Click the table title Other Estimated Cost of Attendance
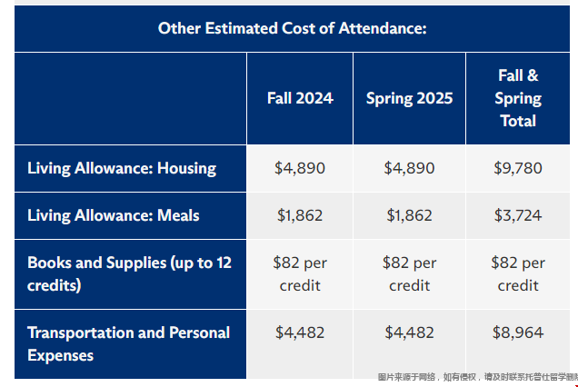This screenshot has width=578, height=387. [292, 28]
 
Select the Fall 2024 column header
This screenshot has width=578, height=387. [300, 98]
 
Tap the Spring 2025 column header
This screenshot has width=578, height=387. [409, 98]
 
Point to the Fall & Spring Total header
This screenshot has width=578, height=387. [518, 98]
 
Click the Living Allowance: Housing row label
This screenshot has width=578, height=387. [122, 168]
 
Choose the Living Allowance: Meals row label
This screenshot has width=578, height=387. [114, 215]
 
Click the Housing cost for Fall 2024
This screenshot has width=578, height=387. [300, 168]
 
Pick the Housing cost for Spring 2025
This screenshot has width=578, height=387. [409, 168]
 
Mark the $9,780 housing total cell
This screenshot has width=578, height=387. [518, 168]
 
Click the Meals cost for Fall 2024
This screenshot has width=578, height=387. [300, 215]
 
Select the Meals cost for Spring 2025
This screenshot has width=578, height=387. [409, 215]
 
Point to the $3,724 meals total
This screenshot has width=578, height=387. [518, 215]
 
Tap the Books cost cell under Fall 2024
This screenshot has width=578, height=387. [300, 273]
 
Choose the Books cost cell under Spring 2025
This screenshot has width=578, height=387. [409, 273]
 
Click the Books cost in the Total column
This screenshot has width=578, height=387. [518, 273]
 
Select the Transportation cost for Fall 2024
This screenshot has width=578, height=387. [300, 332]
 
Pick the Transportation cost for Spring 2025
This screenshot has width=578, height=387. [409, 332]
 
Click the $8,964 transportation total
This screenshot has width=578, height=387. [518, 332]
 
